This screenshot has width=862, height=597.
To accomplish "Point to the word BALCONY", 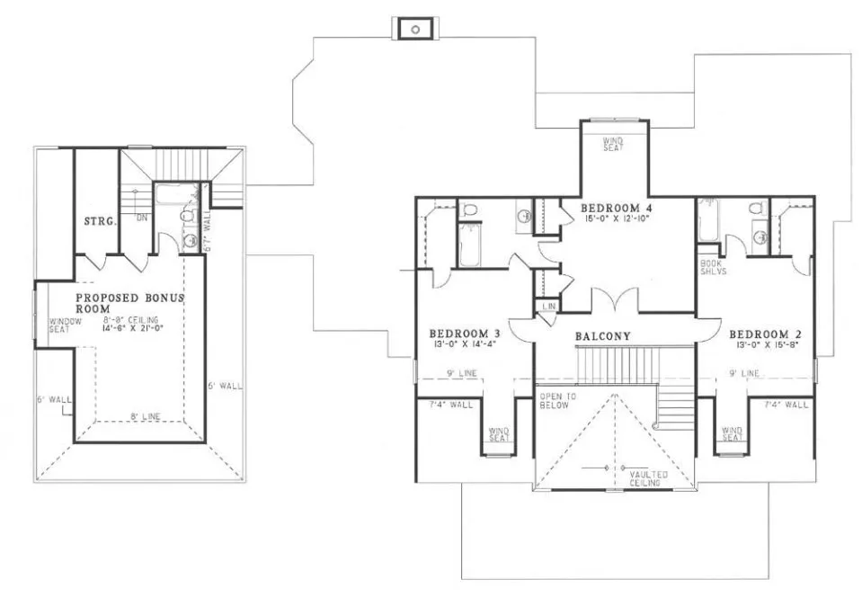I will pyautogui.click(x=602, y=336).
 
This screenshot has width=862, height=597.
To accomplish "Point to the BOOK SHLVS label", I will pyautogui.click(x=712, y=267).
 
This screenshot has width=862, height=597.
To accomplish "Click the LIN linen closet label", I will pyautogui.click(x=547, y=307).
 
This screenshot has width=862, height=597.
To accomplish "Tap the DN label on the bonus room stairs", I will pyautogui.click(x=141, y=217).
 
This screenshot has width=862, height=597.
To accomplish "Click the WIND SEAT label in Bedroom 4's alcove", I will pyautogui.click(x=613, y=144).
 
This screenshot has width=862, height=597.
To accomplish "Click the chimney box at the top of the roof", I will pyautogui.click(x=415, y=29).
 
